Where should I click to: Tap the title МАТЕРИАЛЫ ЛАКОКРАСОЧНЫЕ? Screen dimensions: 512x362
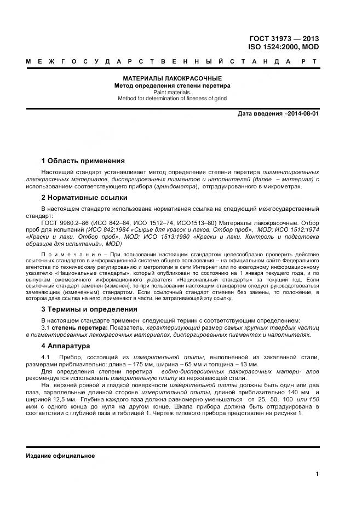171,78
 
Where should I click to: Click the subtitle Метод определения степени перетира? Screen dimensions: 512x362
171,85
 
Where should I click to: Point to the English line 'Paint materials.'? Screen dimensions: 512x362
171,92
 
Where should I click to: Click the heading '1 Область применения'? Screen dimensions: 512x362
83,161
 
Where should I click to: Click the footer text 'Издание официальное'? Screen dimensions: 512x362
60,456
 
